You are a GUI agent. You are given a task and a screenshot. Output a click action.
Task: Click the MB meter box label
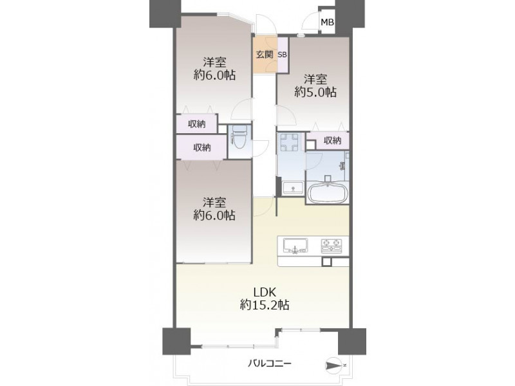327,23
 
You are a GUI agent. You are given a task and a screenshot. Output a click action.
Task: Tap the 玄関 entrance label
265,55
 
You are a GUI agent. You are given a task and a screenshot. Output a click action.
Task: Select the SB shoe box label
283,55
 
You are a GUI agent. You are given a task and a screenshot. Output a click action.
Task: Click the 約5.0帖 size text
315,92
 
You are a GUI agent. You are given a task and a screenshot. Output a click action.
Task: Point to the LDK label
264,291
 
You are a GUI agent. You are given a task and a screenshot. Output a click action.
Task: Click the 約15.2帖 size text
265,305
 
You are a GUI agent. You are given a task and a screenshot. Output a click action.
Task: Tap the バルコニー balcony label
269,363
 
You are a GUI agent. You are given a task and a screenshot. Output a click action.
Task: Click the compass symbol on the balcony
333,365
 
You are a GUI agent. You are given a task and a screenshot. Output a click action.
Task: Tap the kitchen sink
295,246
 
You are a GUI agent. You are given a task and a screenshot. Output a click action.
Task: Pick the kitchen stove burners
331,246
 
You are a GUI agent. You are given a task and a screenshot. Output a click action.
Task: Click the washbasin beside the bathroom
294,188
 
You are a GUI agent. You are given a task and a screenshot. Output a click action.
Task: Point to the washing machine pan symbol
289,142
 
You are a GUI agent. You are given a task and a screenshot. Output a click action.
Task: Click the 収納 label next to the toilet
201,148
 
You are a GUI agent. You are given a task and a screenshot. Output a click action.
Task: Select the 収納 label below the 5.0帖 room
332,140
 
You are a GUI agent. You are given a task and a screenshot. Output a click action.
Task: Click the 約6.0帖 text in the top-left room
214,75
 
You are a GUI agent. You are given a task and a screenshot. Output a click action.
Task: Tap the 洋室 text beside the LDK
214,202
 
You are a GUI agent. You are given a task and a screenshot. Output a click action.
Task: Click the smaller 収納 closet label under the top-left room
197,124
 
